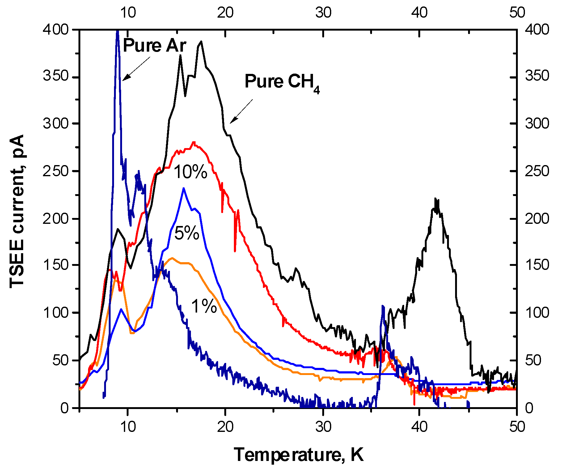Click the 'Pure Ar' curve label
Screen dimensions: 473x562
pos(154,46)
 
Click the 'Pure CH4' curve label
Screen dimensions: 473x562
pos(282,82)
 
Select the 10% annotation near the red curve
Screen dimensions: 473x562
pos(191,172)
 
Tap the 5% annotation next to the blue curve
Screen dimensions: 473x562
pos(187,233)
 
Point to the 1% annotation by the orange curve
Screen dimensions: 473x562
pos(204,306)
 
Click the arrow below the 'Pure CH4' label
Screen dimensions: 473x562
pos(241,111)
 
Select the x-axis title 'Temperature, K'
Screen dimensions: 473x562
pos(298,455)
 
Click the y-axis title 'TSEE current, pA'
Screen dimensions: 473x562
pos(17,211)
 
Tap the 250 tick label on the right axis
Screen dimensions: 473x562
pos(537,171)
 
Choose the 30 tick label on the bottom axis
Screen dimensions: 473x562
pos(323,427)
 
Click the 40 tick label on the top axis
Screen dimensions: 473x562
pos(420,13)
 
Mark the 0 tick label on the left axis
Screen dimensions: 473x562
pos(65,408)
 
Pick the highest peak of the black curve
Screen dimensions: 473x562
pos(201,41)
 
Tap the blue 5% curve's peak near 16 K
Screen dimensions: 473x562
pos(184,188)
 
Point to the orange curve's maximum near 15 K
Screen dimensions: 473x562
pos(172,258)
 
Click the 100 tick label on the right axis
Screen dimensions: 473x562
pos(537,313)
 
